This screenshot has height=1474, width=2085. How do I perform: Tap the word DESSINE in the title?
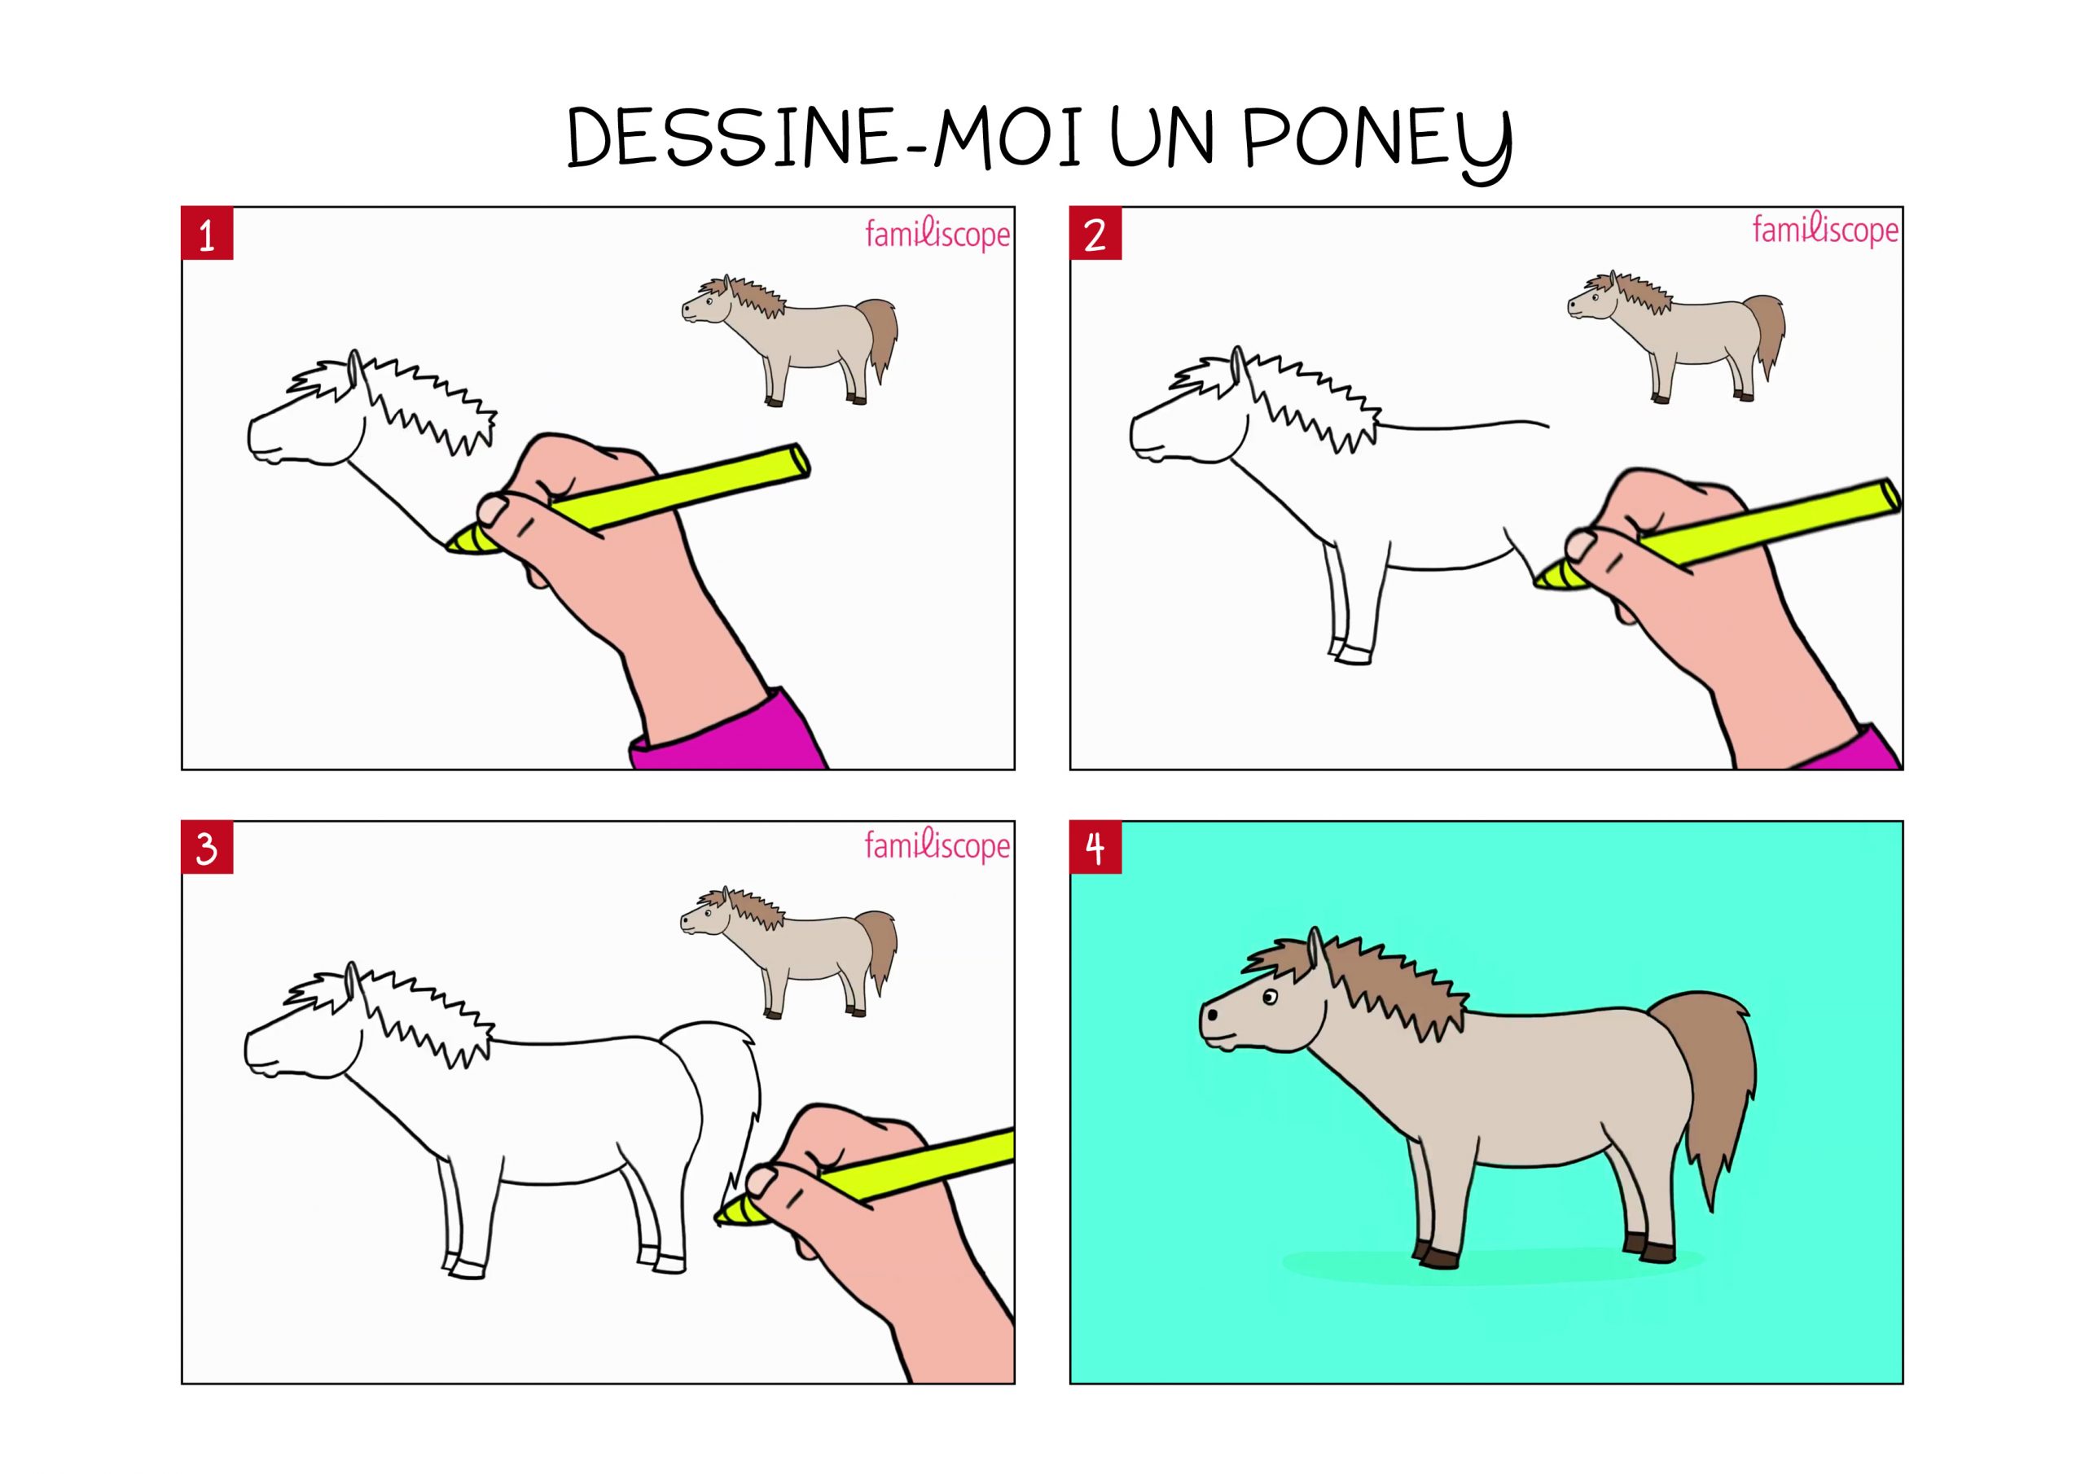pos(732,138)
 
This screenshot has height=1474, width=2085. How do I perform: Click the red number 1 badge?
pos(207,235)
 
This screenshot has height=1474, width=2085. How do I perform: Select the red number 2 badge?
pos(1095,235)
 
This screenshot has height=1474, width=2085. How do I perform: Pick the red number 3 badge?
pos(207,849)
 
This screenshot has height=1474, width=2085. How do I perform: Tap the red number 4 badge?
pos(1095,849)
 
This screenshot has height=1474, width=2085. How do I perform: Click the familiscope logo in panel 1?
pos(937,235)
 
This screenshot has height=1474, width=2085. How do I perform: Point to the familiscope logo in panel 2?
pos(1825,230)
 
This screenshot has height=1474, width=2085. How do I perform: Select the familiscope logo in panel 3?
pos(937,845)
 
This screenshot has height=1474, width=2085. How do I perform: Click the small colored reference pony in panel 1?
pos(790,340)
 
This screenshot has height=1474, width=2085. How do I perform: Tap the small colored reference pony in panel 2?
pos(1676,336)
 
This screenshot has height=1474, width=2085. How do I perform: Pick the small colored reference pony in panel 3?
pos(789,952)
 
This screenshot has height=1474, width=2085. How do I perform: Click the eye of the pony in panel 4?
pos(1269,999)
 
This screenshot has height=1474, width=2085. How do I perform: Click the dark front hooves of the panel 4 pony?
pos(1437,1255)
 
